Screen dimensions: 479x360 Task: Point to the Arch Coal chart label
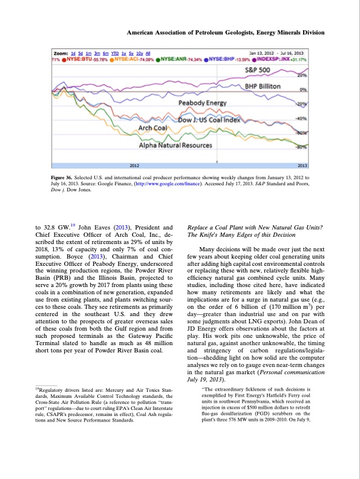pyautogui.click(x=153, y=128)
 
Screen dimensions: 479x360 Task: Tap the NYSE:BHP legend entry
pyautogui.click(x=226, y=60)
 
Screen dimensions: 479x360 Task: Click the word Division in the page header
pyautogui.click(x=310, y=32)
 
